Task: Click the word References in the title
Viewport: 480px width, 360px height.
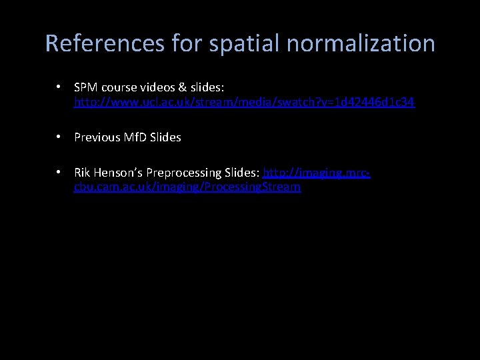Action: click(105, 44)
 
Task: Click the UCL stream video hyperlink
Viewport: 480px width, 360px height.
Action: click(244, 102)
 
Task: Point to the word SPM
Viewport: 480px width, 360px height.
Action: click(85, 87)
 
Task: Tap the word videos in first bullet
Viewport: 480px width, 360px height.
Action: click(152, 87)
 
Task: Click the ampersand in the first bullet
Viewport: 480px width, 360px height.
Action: click(177, 87)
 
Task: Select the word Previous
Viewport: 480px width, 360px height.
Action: click(98, 137)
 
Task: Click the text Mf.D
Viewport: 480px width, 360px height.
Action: click(137, 137)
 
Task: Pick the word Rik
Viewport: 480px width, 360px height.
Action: click(83, 173)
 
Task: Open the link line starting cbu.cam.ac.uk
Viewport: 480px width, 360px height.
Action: click(187, 187)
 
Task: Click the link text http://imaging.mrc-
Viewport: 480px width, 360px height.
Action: click(317, 173)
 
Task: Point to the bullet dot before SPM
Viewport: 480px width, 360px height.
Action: click(59, 87)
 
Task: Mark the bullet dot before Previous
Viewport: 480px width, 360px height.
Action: click(59, 137)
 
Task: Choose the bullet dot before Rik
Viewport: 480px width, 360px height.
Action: click(59, 172)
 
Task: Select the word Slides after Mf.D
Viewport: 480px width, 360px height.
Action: click(166, 137)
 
